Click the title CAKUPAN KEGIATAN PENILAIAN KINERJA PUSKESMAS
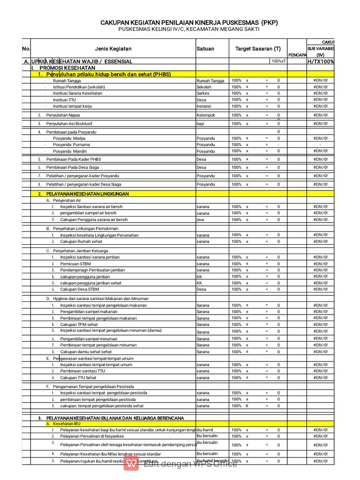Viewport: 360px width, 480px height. [189, 22]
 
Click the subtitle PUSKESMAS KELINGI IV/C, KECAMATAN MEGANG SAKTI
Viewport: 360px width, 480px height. [188, 29]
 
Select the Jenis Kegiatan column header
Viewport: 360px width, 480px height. [113, 49]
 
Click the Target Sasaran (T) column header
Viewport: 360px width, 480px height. [258, 49]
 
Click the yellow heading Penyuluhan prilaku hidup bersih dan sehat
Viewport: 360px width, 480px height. [108, 74]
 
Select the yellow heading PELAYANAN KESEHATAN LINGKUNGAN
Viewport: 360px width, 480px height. [87, 194]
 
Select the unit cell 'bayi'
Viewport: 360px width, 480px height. [201, 124]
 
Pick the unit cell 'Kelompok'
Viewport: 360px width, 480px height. [205, 115]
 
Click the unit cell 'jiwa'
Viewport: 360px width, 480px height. [200, 219]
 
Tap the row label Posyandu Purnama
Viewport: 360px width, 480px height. [71, 145]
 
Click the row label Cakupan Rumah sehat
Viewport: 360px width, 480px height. [81, 241]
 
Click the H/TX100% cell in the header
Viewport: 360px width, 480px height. [321, 61]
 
